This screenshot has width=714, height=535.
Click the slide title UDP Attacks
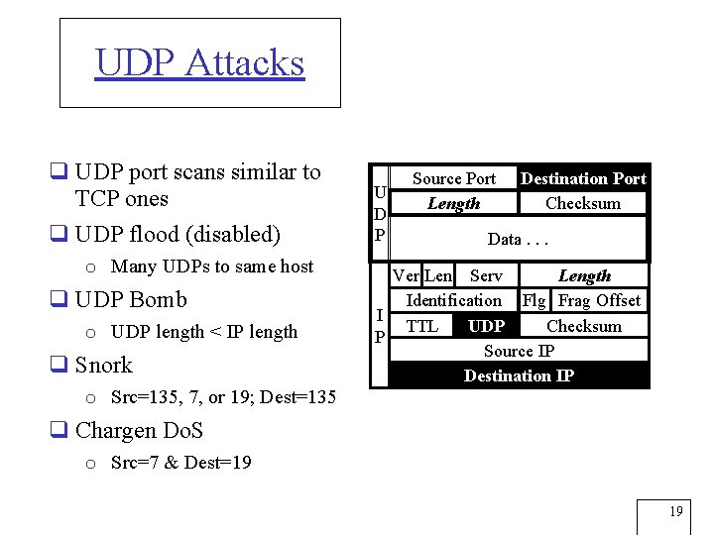199,62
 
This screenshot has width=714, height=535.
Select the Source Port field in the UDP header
453,178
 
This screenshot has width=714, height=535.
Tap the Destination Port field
583,178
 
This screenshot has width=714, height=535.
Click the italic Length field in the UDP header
453,203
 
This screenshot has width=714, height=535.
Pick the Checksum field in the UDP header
583,203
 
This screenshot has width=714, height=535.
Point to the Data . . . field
518,240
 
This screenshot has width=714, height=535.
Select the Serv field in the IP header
486,276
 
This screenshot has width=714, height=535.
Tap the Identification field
454,300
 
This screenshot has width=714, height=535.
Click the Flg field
535,300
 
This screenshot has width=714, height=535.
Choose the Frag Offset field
599,300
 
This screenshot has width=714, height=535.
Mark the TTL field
422,326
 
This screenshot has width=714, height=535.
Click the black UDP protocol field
486,326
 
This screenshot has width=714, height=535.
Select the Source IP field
519,351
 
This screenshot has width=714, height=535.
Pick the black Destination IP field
519,375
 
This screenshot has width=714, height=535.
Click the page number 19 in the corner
675,512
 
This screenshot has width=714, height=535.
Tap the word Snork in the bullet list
103,365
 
